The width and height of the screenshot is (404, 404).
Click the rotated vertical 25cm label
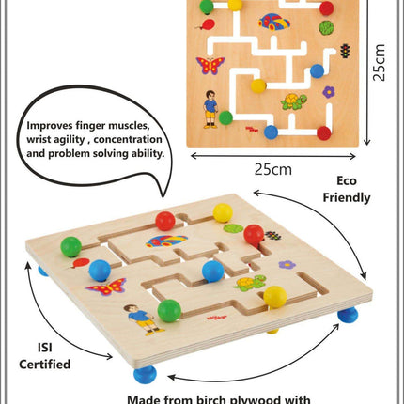pos(379,63)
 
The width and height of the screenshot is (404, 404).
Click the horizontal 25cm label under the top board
pos(272,170)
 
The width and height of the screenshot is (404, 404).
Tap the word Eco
pos(347,180)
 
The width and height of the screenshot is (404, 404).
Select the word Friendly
pos(347,198)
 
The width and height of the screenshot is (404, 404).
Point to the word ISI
pos(45,348)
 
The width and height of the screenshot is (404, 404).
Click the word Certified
pos(45,365)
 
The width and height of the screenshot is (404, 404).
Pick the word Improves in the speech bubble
pos(50,126)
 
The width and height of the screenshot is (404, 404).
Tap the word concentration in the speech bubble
pos(128,140)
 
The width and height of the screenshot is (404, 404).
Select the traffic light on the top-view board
pos(345,51)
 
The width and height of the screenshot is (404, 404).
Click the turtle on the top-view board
pos(293,101)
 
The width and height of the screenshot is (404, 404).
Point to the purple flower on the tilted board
pos(287,265)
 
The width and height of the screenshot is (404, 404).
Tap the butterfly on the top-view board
pos(210,65)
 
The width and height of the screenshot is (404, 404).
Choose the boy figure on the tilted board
pos(145,319)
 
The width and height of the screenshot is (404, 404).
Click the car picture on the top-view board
pos(274,22)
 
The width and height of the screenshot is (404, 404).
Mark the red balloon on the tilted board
pos(80,263)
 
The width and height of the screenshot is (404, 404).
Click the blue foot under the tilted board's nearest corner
pos(145,374)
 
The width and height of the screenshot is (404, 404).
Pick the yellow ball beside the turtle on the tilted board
pos(275,297)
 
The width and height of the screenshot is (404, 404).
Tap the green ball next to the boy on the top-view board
pos(225,117)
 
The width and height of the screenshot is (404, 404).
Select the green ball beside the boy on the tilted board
pos(169,311)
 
